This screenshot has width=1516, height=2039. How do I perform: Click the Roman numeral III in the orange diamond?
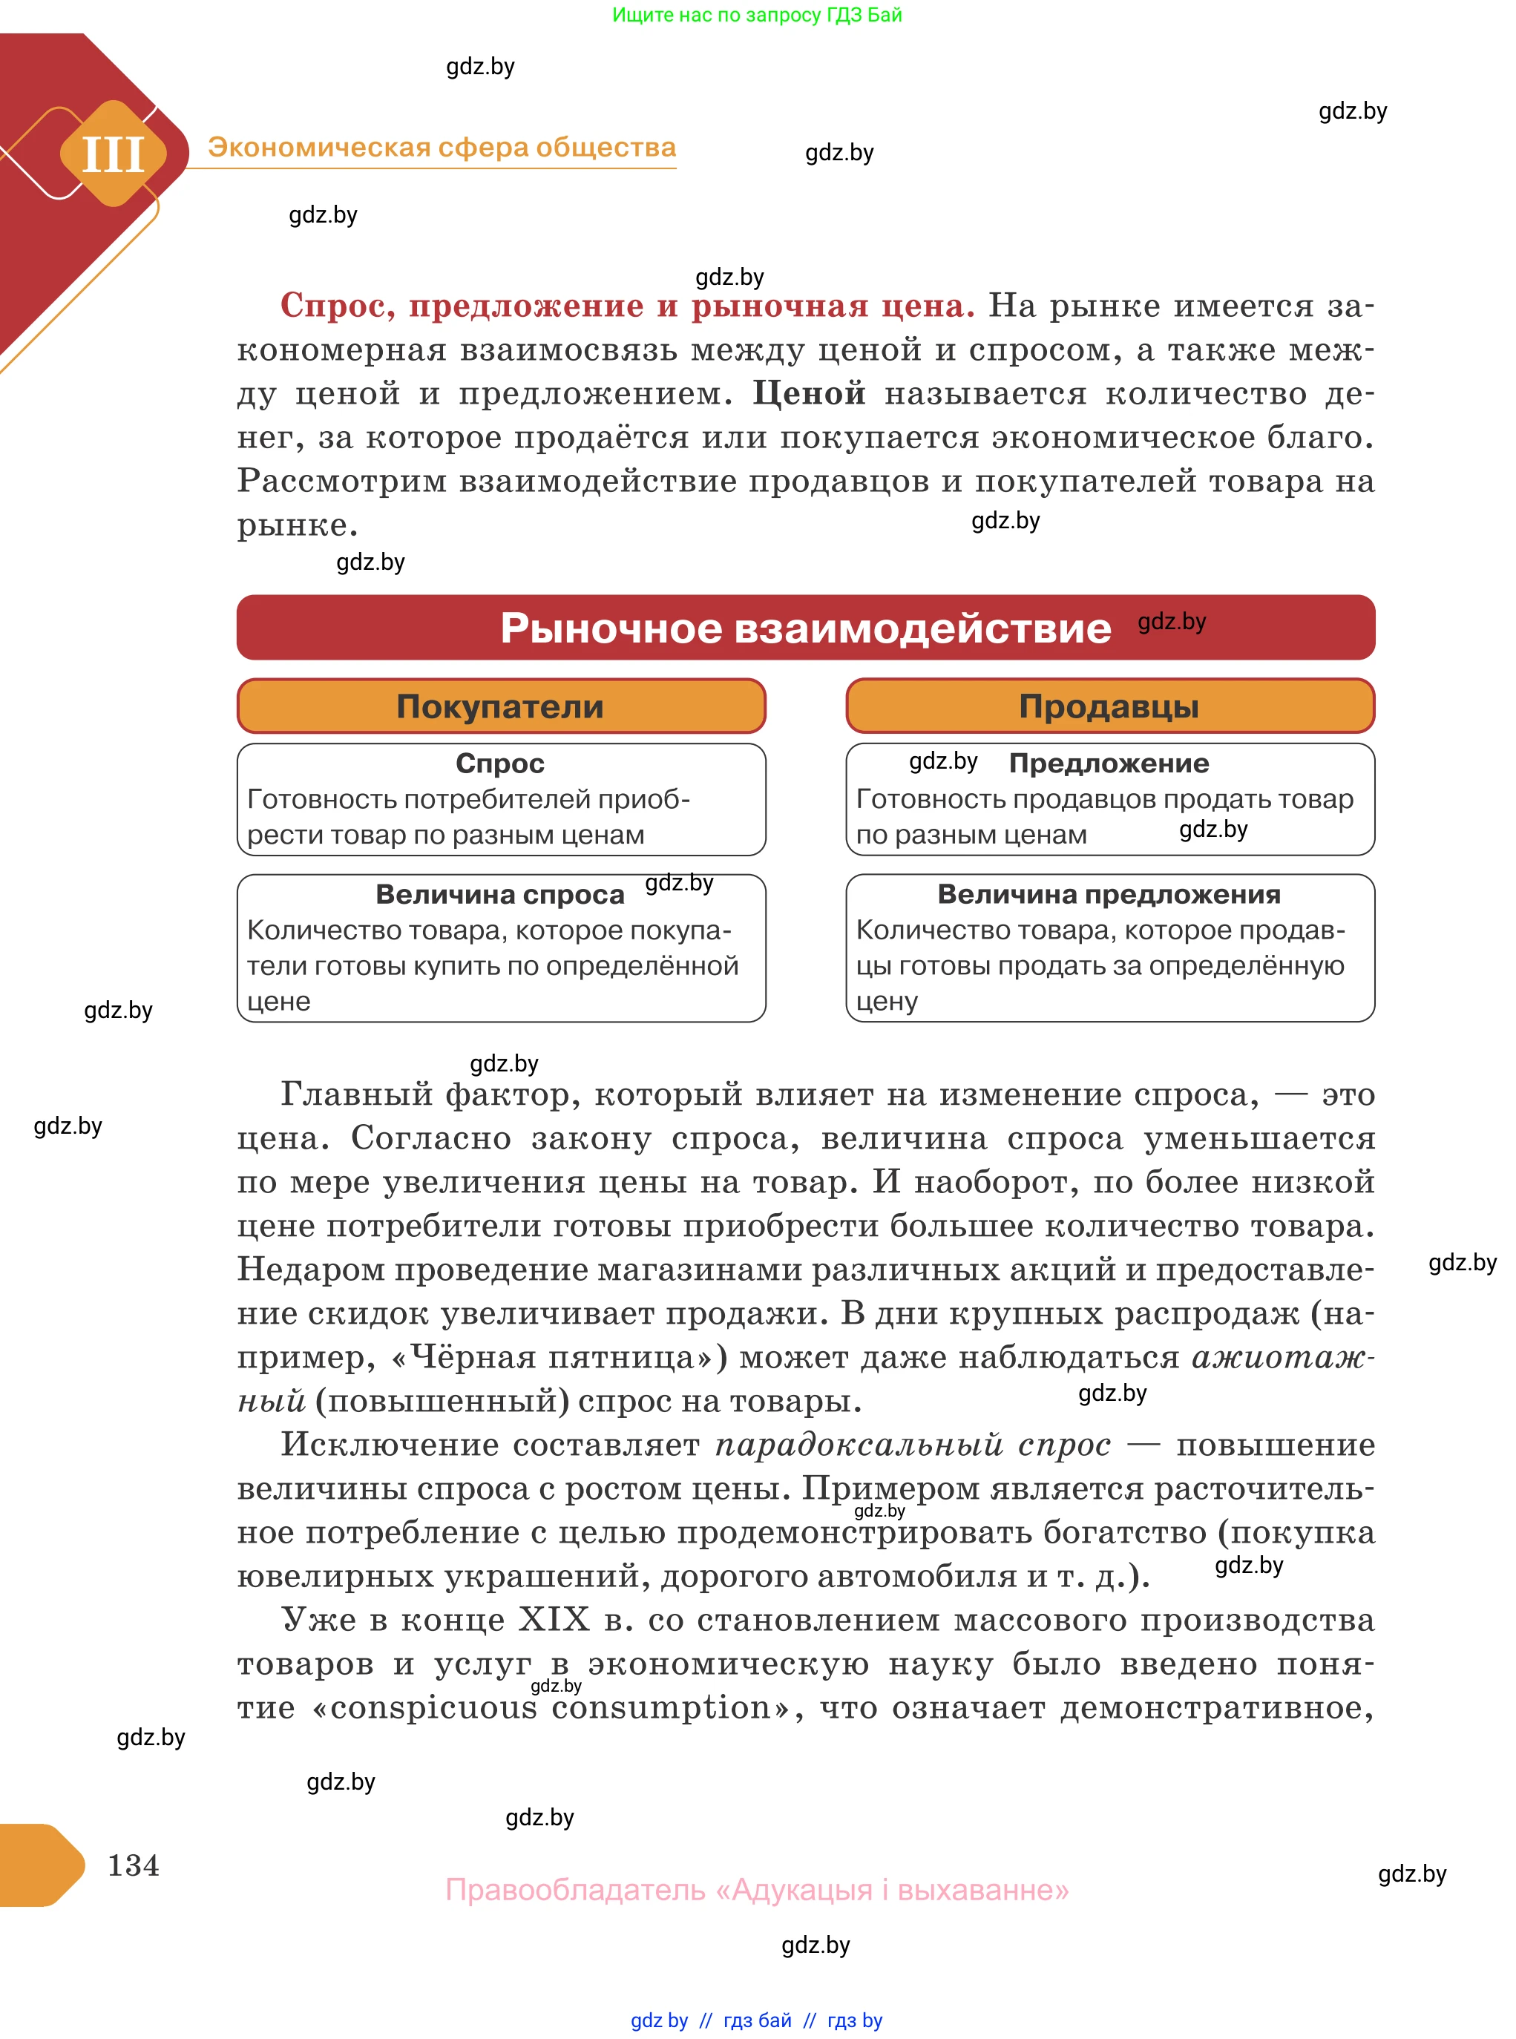click(x=113, y=154)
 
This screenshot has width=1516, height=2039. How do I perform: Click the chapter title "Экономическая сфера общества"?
click(x=442, y=147)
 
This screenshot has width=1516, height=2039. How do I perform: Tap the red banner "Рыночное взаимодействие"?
click(x=805, y=628)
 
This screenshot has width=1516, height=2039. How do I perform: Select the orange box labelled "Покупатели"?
click(x=500, y=706)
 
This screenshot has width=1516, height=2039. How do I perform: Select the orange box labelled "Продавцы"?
click(x=1109, y=706)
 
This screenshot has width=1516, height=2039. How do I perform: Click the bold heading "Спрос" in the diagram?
click(x=500, y=763)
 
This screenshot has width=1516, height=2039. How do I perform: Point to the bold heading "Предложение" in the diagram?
click(x=1109, y=763)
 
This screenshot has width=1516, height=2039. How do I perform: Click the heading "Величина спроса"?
click(x=500, y=894)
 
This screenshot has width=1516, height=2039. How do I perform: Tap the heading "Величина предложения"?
click(x=1109, y=894)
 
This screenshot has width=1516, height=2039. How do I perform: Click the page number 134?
click(x=133, y=1865)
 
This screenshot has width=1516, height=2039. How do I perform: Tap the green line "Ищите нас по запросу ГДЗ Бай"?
click(x=757, y=15)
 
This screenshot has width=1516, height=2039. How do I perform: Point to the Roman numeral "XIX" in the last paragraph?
click(x=554, y=1619)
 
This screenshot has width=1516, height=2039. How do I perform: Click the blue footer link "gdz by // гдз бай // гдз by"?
click(x=756, y=2020)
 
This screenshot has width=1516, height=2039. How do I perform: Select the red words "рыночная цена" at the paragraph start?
click(x=833, y=306)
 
